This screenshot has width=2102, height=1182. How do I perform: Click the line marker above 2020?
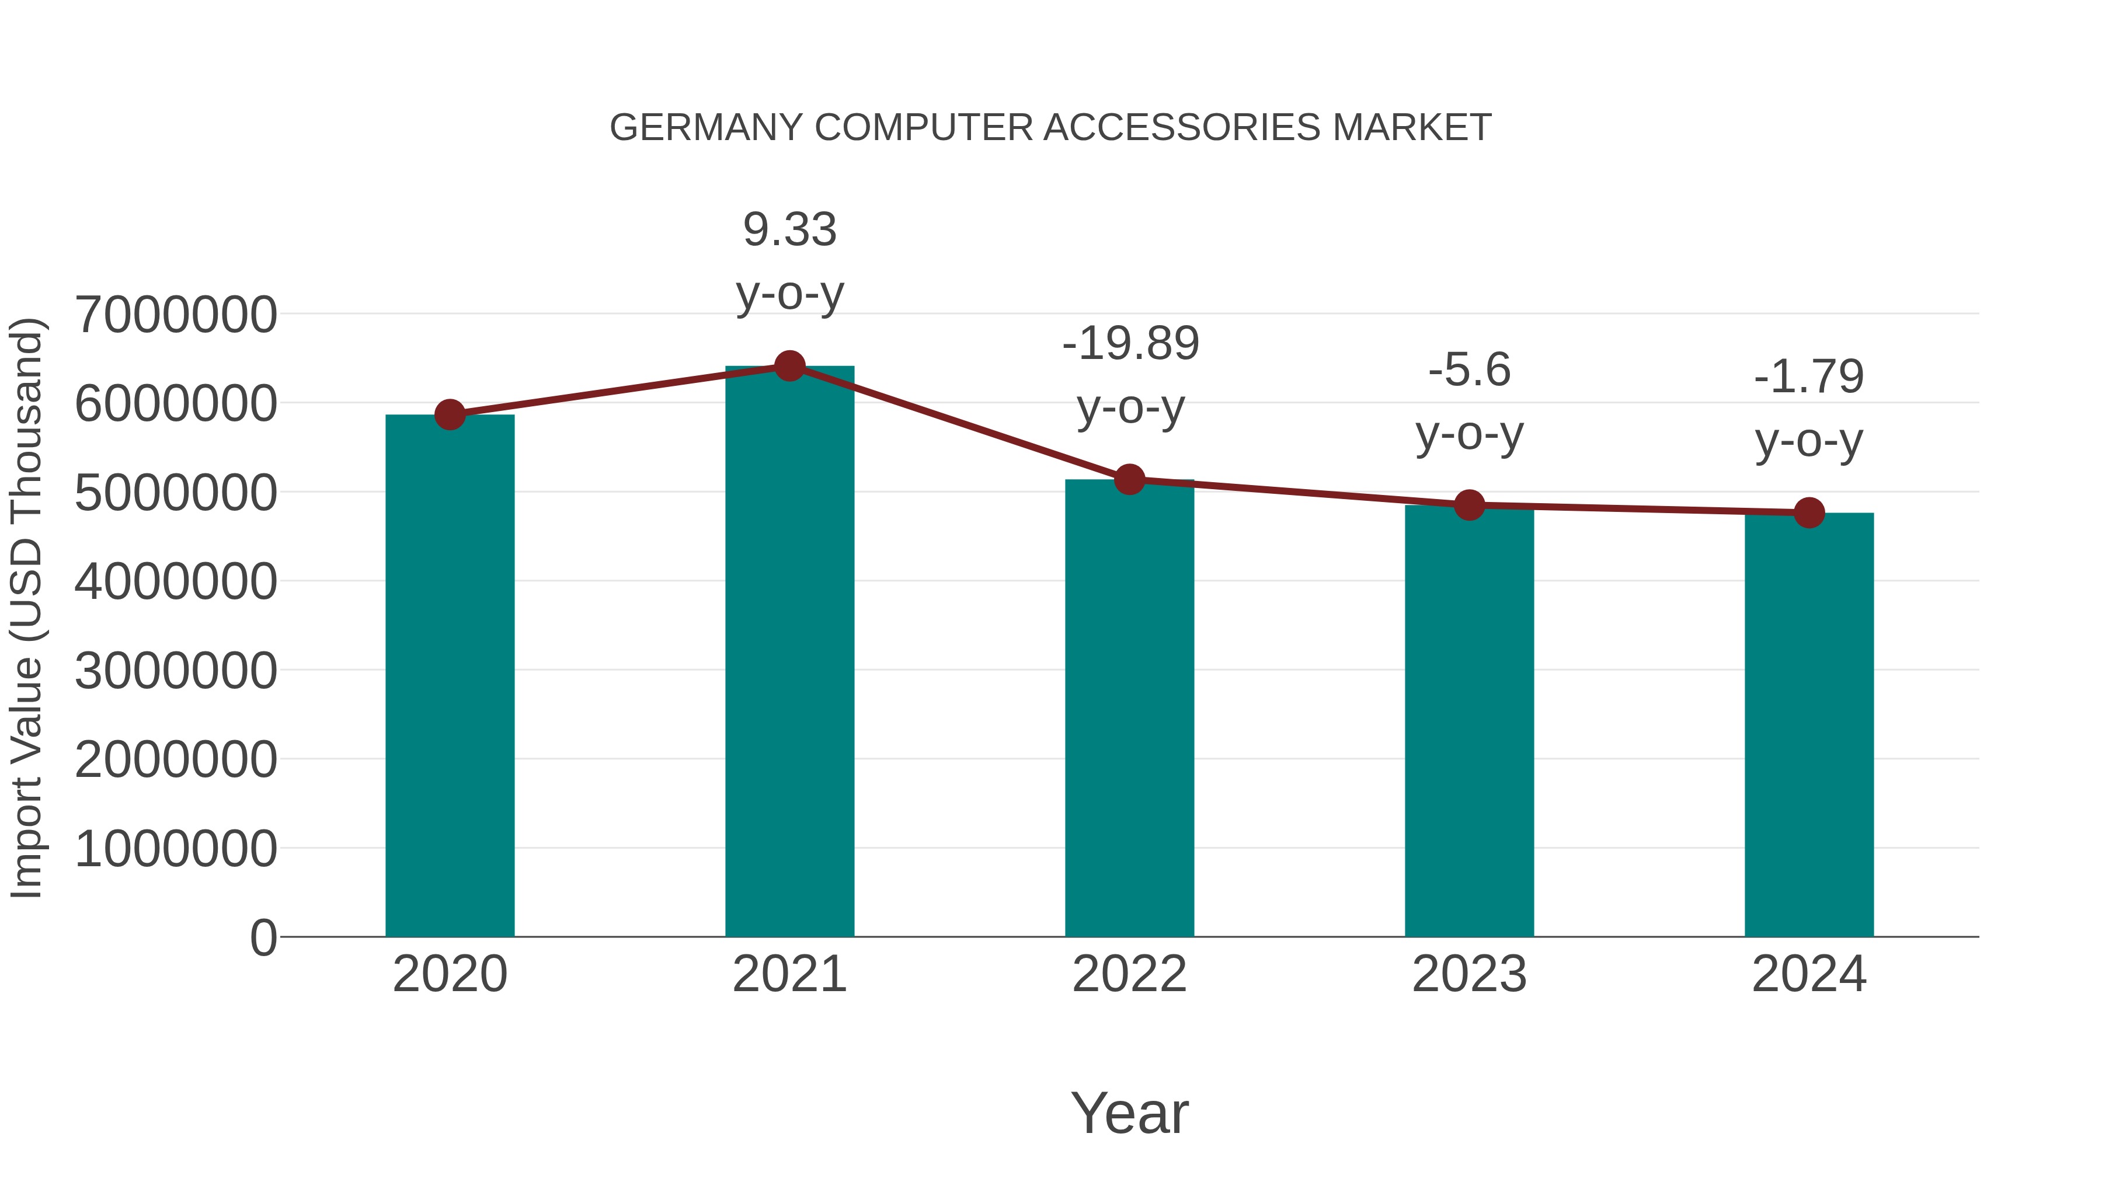(x=450, y=414)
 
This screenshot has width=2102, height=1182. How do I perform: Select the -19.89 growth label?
(x=1130, y=343)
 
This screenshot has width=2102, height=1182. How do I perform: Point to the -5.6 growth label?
(x=1469, y=370)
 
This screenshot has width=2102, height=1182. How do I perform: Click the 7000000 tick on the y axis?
(x=175, y=315)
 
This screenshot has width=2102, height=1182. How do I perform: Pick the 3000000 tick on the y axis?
(x=175, y=671)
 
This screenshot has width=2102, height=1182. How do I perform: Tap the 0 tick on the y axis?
(x=263, y=937)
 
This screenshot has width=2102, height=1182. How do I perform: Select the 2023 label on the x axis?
(x=1469, y=974)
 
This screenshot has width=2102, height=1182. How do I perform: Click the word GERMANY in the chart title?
(x=706, y=128)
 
